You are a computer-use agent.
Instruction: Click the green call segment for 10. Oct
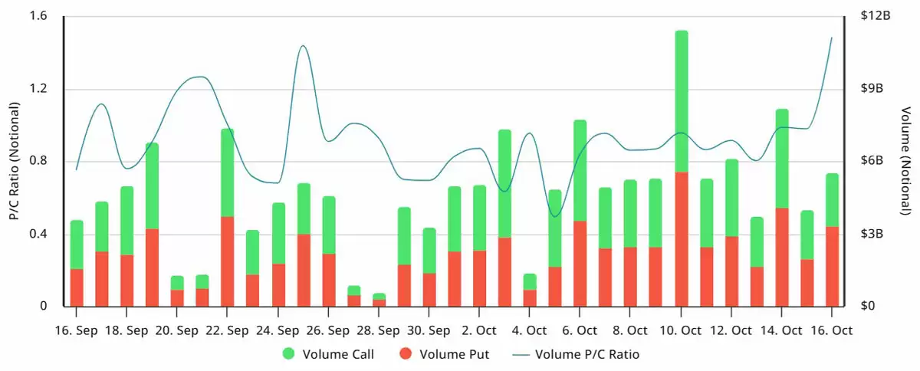point(681,101)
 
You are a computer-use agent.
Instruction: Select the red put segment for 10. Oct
point(681,239)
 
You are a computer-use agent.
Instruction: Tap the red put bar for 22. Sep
point(227,261)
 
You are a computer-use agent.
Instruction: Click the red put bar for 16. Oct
point(832,267)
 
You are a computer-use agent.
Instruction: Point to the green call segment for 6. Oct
point(580,171)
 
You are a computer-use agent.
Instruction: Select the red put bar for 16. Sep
point(77,287)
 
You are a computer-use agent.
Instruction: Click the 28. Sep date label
point(378,331)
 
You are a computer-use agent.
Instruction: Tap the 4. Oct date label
point(529,331)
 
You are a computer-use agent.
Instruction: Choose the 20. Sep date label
point(176,331)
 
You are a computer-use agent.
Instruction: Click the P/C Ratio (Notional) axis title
point(14,161)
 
